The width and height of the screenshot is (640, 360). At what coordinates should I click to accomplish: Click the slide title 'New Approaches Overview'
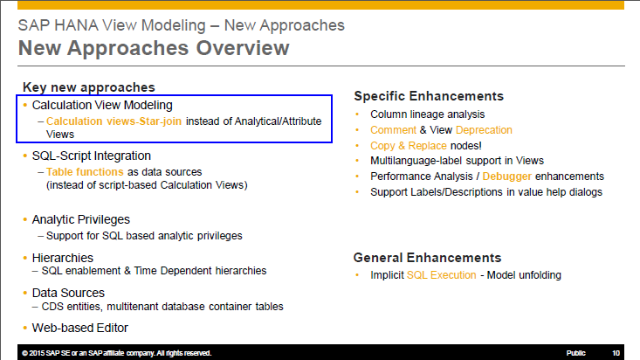[154, 48]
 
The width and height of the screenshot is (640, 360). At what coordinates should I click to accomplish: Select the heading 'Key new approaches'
[88, 87]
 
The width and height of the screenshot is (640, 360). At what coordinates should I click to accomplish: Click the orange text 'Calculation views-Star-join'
[114, 121]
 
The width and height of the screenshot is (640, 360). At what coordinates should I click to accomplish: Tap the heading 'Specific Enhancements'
[428, 96]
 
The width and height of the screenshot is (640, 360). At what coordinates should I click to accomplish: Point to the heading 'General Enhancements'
[427, 258]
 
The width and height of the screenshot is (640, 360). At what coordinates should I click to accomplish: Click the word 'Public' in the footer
[575, 353]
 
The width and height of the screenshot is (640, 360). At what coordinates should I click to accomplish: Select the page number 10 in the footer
[616, 353]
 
